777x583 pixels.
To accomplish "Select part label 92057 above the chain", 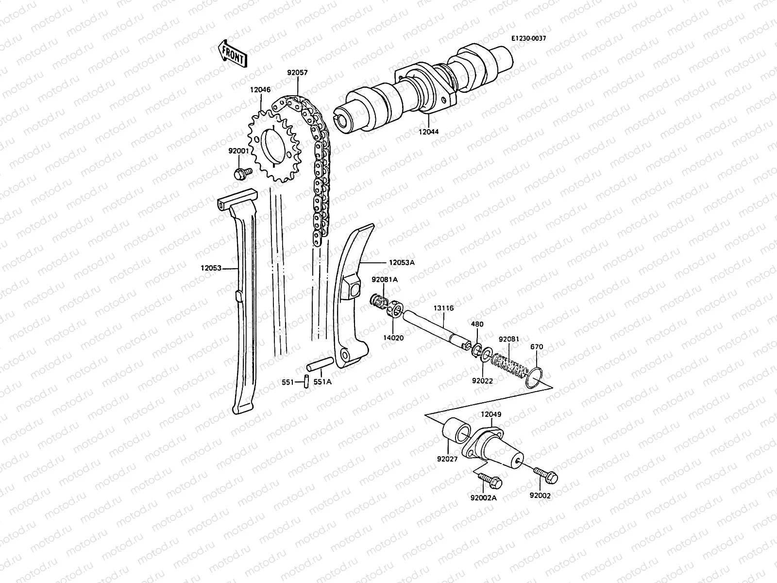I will (x=297, y=73).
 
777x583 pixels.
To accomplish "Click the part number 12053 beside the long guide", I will (x=211, y=268).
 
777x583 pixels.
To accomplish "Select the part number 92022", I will (x=483, y=381).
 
